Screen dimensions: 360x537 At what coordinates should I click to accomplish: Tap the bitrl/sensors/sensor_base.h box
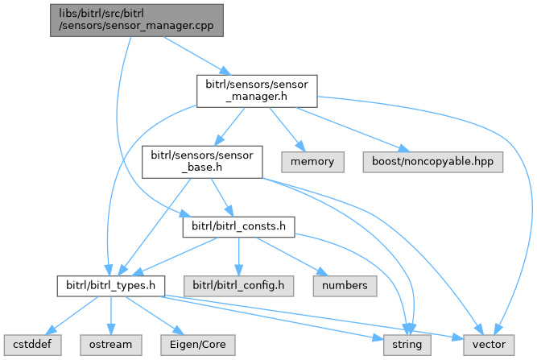pos(201,161)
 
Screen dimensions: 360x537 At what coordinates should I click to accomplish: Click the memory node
pos(312,161)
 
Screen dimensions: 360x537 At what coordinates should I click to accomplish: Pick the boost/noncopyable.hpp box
pos(433,161)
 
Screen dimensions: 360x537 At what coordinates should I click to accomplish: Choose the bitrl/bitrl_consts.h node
pos(239,226)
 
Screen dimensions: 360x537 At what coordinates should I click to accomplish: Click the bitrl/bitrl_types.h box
pos(110,285)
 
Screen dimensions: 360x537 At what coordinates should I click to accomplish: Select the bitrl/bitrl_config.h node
pos(238,285)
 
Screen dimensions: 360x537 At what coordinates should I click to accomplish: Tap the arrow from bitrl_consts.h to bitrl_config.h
pos(238,256)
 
